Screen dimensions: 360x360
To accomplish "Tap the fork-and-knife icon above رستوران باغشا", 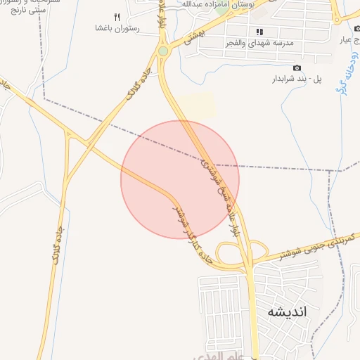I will click(x=117, y=17).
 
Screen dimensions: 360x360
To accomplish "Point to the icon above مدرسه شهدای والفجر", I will click(x=259, y=32).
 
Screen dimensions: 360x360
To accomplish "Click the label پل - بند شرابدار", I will click(x=297, y=79).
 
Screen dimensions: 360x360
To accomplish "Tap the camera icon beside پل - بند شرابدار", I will click(x=297, y=67).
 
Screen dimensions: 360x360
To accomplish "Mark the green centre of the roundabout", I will click(x=163, y=51).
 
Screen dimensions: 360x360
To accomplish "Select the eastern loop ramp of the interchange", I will click(x=259, y=250).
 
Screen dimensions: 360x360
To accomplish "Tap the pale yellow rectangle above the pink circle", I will click(x=196, y=106).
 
